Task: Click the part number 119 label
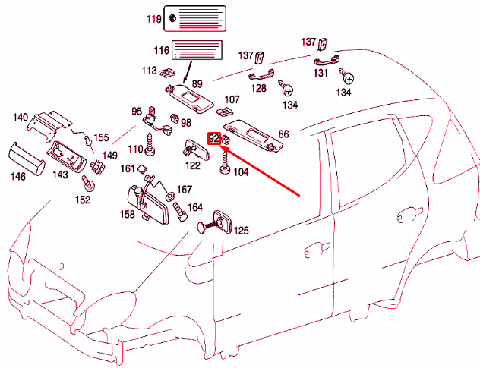(x=154, y=18)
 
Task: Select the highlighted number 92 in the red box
(x=213, y=138)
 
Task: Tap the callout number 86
(x=283, y=134)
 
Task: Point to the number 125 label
(x=241, y=230)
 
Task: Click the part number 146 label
(x=17, y=176)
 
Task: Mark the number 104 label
(x=241, y=172)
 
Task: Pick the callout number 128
(x=259, y=89)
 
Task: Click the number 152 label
(x=82, y=200)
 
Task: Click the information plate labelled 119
(x=195, y=19)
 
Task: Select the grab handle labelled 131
(x=324, y=62)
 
